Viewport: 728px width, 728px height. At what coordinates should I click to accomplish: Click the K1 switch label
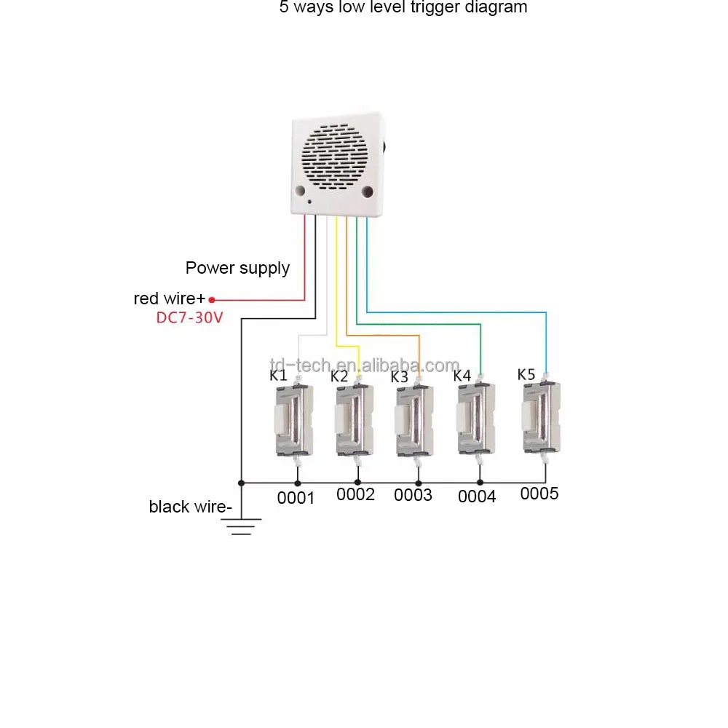click(x=278, y=375)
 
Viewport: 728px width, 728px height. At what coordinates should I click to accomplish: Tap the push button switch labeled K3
click(x=415, y=421)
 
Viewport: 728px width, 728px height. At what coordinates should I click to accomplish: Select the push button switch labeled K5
click(x=542, y=418)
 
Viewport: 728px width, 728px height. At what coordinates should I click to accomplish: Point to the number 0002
click(x=355, y=494)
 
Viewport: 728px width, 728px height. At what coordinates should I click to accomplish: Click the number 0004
click(x=477, y=496)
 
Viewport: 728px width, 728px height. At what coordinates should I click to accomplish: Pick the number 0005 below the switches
click(x=539, y=494)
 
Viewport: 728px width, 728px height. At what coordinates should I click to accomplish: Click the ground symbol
click(x=241, y=526)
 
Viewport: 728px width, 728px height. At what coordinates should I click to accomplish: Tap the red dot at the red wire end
click(x=212, y=300)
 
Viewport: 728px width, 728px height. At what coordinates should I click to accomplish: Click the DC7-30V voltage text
click(x=189, y=317)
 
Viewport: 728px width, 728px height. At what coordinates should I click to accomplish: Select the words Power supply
click(x=237, y=269)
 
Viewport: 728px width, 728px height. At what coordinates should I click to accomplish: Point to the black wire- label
click(x=190, y=507)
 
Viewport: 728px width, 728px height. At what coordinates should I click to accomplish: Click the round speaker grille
click(x=334, y=157)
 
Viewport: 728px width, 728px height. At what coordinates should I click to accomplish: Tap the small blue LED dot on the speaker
click(x=309, y=202)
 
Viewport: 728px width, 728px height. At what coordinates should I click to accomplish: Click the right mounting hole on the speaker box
click(x=367, y=191)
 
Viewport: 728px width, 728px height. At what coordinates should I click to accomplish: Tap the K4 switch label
click(x=462, y=375)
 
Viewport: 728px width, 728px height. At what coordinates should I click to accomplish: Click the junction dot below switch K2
click(x=357, y=483)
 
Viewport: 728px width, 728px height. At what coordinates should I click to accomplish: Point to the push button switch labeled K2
click(x=355, y=420)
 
